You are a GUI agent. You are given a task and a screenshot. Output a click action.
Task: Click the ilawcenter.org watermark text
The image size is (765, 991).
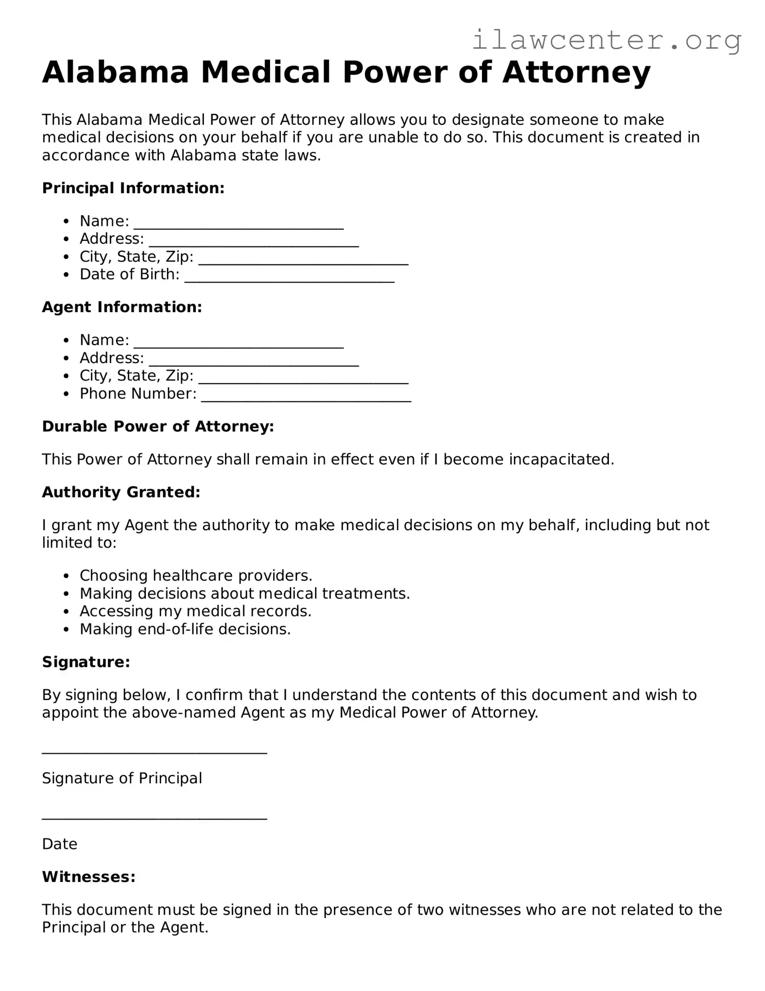(x=606, y=41)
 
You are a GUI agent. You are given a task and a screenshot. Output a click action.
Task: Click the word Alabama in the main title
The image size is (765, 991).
(x=115, y=72)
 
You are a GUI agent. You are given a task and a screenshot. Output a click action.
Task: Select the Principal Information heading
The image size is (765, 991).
(x=133, y=188)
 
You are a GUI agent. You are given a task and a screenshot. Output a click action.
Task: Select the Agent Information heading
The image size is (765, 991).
(x=122, y=307)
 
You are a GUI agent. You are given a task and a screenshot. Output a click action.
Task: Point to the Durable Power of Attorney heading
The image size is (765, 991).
(x=158, y=427)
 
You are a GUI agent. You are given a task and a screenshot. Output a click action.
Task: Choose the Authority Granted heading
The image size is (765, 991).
(x=121, y=492)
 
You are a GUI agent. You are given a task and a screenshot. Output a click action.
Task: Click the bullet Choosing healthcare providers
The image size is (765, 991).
(x=196, y=576)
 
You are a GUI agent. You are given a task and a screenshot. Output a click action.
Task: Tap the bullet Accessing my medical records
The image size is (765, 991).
(x=195, y=612)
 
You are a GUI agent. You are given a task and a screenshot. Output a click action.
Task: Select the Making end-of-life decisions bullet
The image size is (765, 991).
(x=185, y=630)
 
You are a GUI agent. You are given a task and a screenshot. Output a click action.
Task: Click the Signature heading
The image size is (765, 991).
(x=86, y=662)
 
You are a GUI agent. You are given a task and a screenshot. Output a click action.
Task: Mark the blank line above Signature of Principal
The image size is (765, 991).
(x=155, y=752)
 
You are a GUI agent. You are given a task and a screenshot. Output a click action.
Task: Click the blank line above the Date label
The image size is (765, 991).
(x=155, y=818)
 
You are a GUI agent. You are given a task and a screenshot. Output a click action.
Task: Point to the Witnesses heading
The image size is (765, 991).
(x=88, y=877)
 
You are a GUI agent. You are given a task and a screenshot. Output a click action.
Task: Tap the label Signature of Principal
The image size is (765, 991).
(x=122, y=778)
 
